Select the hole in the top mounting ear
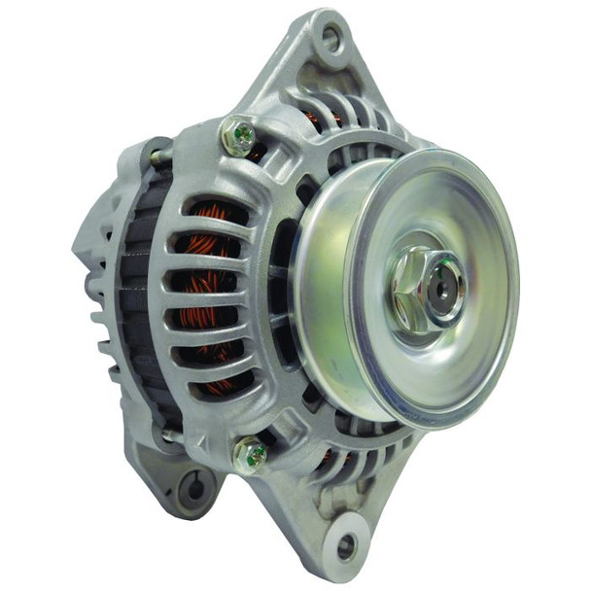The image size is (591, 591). [330, 39]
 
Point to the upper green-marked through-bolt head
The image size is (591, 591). [237, 137]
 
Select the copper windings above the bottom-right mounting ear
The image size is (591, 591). [326, 457]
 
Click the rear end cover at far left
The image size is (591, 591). [87, 243]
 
